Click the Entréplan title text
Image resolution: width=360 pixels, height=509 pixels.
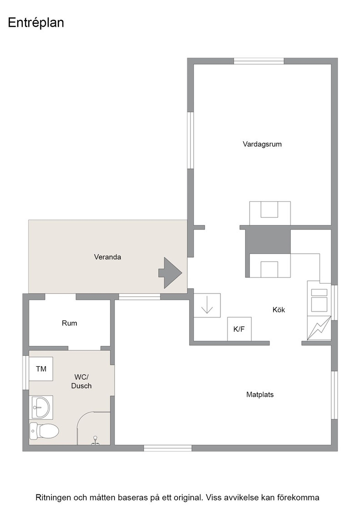point(36,23)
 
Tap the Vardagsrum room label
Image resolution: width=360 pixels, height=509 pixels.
point(262,144)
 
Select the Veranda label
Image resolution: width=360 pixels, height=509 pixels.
point(107,257)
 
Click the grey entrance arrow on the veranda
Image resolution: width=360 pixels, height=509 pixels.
point(170,273)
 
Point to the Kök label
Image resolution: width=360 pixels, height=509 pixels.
point(279,309)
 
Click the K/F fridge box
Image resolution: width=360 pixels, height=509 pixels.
point(239,329)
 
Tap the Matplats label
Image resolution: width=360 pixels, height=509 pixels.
point(260,395)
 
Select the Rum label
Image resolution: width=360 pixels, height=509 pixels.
point(70,323)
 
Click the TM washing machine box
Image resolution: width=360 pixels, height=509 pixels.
point(41,369)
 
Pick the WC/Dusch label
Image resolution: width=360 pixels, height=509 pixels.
point(81,381)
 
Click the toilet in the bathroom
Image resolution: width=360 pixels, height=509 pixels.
point(44,431)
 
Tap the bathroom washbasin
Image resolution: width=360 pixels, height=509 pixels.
point(41,407)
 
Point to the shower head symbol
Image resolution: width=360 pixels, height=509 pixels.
point(95,440)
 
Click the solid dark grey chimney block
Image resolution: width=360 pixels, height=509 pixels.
point(268,241)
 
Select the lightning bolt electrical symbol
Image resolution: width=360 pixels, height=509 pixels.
point(319,328)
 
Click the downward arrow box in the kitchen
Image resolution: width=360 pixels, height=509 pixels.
point(207,305)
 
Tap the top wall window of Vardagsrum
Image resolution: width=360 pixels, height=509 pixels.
point(259,61)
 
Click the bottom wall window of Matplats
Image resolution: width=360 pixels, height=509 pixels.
point(168,448)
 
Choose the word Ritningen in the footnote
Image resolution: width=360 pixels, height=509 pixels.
point(54,498)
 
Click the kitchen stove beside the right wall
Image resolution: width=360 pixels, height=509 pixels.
point(319,300)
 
